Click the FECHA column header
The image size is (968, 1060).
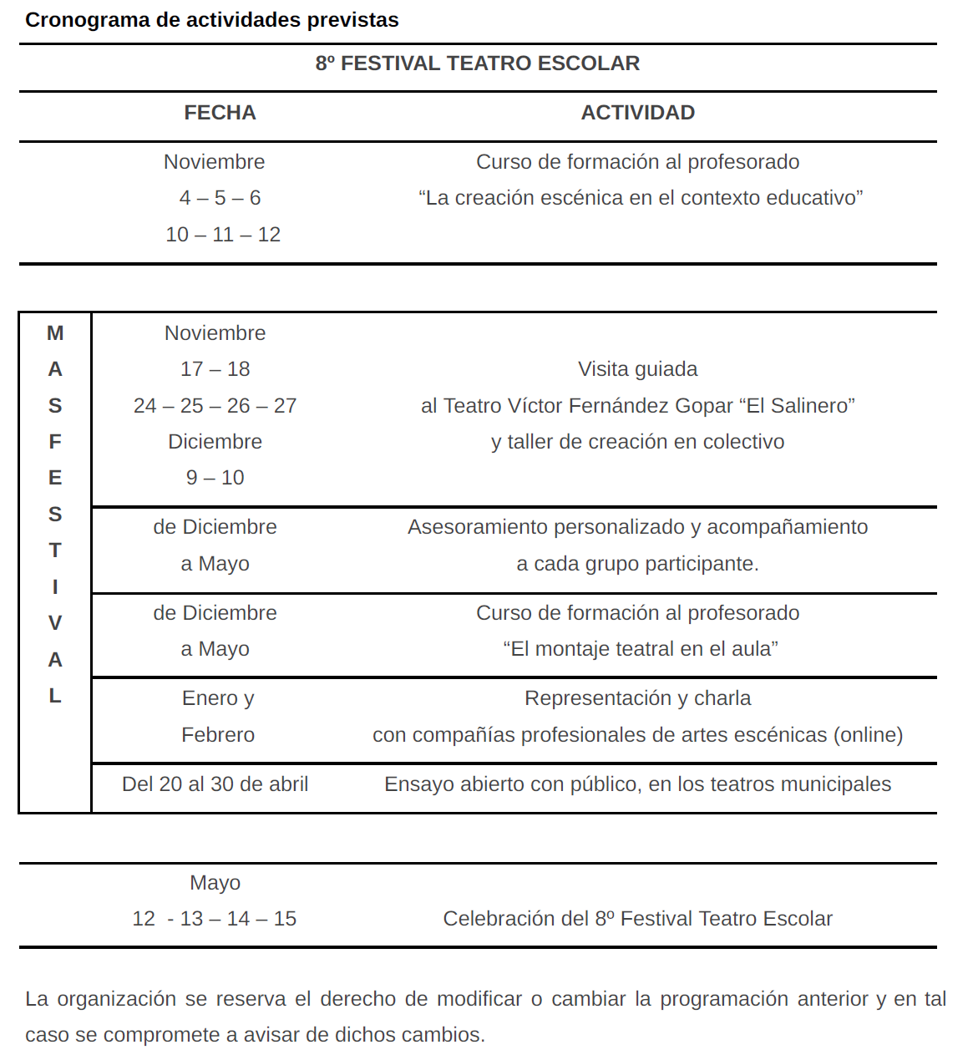[x=220, y=113]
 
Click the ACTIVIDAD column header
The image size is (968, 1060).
[x=637, y=113]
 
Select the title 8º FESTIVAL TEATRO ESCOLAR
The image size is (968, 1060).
[x=477, y=63]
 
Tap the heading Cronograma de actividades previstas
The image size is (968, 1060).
[x=212, y=20]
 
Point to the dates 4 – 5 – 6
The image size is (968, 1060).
[x=220, y=198]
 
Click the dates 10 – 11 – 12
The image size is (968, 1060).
[x=223, y=235]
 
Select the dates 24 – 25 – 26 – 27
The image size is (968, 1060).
[x=215, y=406]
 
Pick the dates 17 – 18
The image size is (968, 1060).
[x=215, y=369]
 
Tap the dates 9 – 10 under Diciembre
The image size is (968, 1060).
[x=215, y=478]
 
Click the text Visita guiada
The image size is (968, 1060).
[x=637, y=369]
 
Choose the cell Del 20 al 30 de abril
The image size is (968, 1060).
[x=215, y=784]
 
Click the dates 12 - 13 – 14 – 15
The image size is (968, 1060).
[x=214, y=919]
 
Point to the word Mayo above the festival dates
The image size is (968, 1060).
[x=215, y=883]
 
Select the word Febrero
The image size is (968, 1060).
[x=218, y=735]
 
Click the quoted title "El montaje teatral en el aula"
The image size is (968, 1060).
[x=641, y=649]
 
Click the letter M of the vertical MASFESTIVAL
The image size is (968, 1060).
[x=55, y=333]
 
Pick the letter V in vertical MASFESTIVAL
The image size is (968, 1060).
[x=55, y=623]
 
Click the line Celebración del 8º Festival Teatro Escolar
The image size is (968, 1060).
[x=637, y=919]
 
